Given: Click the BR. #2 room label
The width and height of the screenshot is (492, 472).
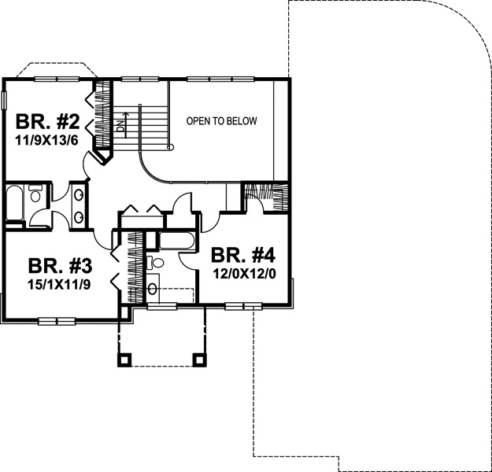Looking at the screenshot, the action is [48, 122].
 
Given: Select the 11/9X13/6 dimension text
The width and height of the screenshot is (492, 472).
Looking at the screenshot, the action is [46, 141].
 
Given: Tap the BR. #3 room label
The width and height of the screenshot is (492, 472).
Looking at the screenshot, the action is [60, 266].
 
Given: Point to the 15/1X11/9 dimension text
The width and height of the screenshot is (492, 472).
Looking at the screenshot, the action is [59, 285].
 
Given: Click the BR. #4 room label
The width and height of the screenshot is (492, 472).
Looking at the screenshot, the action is [243, 256].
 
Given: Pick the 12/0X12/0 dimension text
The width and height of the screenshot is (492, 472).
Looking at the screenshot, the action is [245, 274].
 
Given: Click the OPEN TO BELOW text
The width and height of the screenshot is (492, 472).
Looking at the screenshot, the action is [221, 121].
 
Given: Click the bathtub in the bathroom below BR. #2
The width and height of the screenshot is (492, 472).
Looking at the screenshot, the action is [14, 203].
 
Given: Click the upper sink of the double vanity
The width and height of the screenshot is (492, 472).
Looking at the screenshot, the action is [79, 195].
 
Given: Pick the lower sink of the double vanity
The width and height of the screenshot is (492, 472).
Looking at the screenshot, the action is [79, 217].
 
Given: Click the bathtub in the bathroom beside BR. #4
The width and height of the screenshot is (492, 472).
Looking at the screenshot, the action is [177, 241].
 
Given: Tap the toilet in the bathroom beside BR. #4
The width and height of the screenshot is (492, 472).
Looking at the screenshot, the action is [156, 262].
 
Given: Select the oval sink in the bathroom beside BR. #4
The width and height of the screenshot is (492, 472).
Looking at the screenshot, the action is [153, 289].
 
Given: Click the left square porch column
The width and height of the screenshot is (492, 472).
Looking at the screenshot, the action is [124, 360].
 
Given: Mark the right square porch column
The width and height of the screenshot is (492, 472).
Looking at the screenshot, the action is [199, 360].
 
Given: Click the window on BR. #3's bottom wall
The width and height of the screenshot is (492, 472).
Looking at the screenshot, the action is [57, 321].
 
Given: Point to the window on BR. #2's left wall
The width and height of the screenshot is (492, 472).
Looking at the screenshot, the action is [4, 101].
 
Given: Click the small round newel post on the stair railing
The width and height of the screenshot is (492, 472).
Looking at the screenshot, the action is [171, 146].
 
